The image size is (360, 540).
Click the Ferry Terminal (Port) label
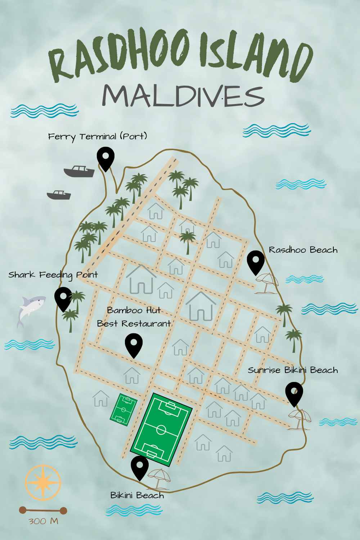(x=98, y=137)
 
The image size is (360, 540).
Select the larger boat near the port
(x=80, y=171)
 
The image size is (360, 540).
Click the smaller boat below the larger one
(x=59, y=195)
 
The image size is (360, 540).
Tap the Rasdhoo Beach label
(x=303, y=250)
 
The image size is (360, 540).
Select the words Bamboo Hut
(x=134, y=310)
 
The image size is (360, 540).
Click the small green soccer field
(x=123, y=410)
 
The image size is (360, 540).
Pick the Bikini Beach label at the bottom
(x=137, y=496)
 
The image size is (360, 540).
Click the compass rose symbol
(x=43, y=483)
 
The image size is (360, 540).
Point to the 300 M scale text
(x=43, y=521)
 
